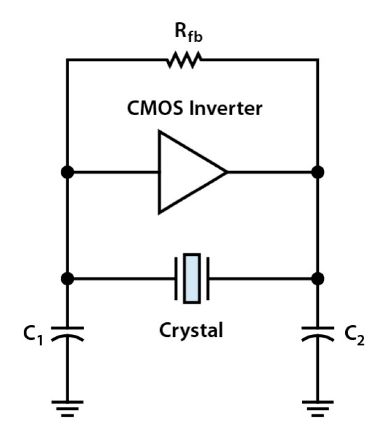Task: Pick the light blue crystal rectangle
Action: pos(192,279)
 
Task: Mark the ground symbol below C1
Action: pos(68,407)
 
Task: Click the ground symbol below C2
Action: pos(317,407)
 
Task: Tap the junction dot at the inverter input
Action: pos(68,172)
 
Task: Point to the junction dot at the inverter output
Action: pos(317,172)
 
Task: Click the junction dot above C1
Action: pos(68,279)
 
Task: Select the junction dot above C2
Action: pos(317,279)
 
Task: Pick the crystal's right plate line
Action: pos(208,279)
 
